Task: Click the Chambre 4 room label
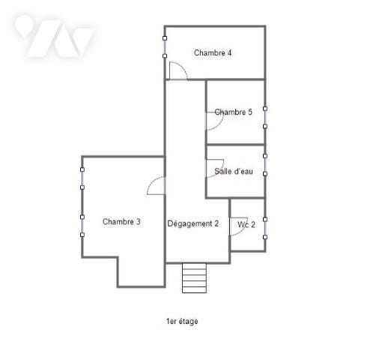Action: coord(213,52)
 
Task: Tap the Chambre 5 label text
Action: coord(233,112)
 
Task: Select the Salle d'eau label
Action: coord(234,171)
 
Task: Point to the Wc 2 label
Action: coord(246,224)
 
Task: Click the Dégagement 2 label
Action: coord(193,223)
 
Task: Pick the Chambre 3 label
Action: coord(121,221)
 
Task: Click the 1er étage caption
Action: coord(182,321)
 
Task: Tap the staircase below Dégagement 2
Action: coord(194,277)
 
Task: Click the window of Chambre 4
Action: coord(165,47)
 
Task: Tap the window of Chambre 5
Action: coord(265,118)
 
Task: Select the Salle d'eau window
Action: coord(265,165)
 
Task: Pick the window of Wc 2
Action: coord(265,228)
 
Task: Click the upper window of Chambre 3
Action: coord(82,178)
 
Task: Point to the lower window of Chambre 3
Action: coord(82,226)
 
